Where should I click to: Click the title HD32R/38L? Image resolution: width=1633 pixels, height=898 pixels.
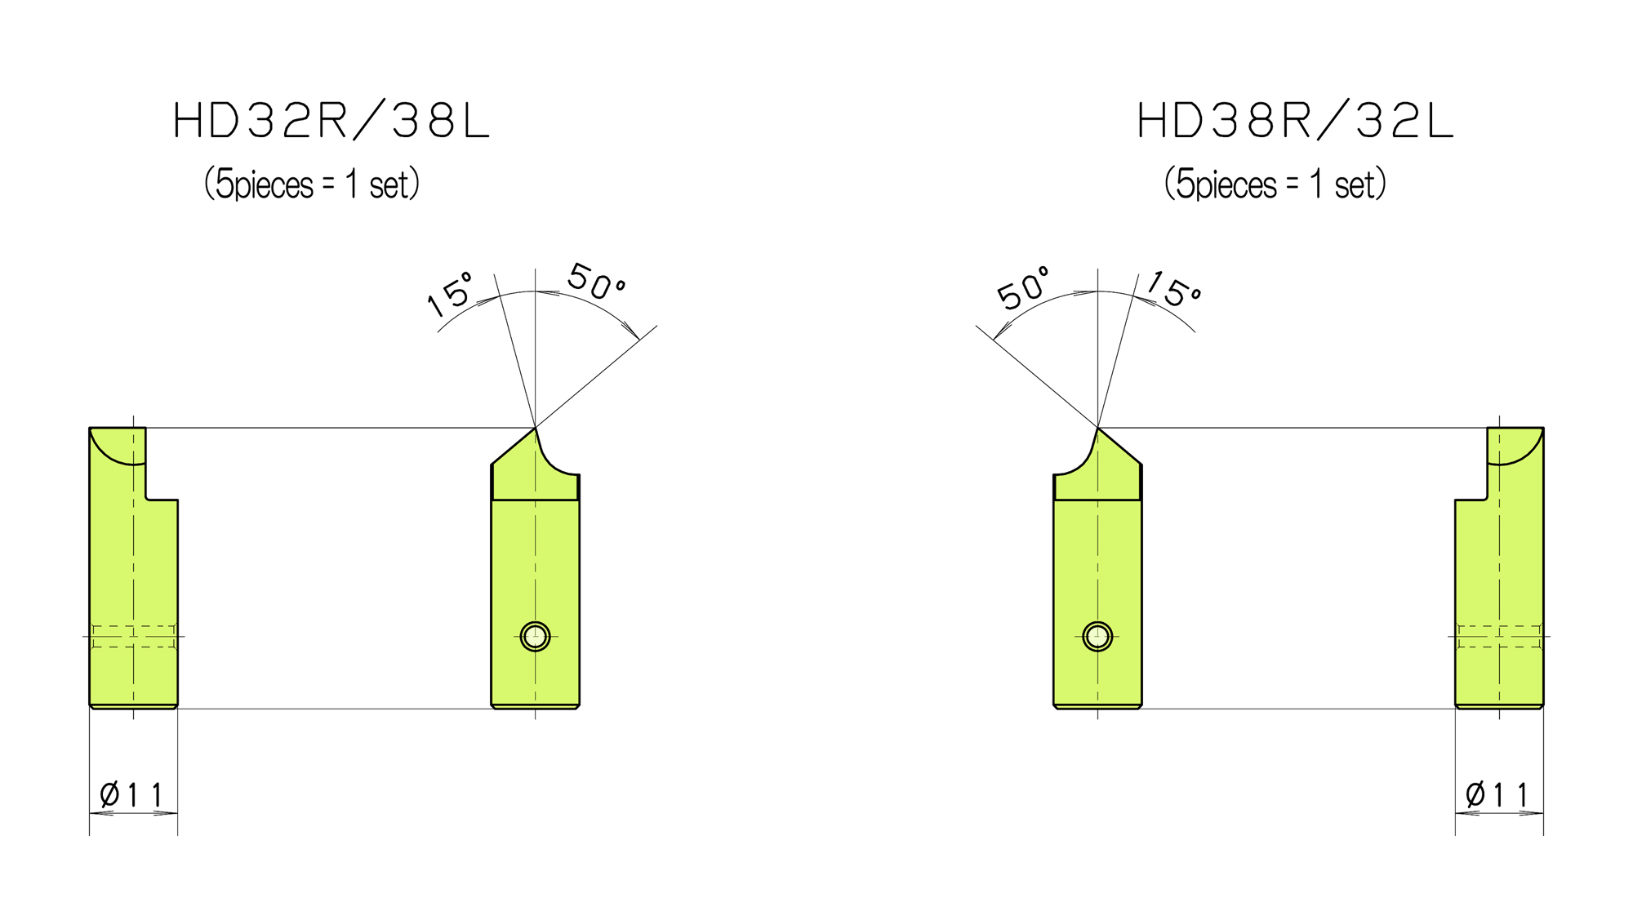(331, 121)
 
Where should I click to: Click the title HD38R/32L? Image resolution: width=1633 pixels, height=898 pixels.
(1295, 121)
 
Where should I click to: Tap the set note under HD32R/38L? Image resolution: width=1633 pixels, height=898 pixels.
(311, 184)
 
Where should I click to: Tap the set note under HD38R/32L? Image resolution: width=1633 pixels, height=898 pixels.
(1275, 184)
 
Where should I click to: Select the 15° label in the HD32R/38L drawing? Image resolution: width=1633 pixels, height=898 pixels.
(450, 294)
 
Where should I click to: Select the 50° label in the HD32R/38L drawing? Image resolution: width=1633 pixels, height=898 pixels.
(597, 282)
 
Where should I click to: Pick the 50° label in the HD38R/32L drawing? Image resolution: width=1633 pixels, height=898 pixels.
(1023, 288)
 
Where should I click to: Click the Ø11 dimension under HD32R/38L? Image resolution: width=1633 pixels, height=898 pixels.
(131, 794)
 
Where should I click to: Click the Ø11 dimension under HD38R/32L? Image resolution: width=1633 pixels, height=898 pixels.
(1497, 794)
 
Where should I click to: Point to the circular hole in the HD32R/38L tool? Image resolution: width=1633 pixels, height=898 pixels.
(535, 636)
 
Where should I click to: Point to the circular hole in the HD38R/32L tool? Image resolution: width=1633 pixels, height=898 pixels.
(1097, 636)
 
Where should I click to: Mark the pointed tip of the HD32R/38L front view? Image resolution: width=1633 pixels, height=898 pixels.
(535, 428)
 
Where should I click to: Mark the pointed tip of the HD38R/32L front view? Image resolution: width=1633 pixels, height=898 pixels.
(1097, 428)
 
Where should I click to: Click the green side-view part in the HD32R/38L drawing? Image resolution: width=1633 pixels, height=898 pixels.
(133, 571)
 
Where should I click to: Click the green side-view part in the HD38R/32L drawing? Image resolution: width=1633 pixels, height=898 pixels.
(1499, 571)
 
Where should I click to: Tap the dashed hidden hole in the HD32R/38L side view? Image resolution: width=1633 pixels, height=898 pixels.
(133, 636)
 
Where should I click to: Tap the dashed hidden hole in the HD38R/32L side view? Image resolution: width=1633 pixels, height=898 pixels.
(1499, 636)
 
